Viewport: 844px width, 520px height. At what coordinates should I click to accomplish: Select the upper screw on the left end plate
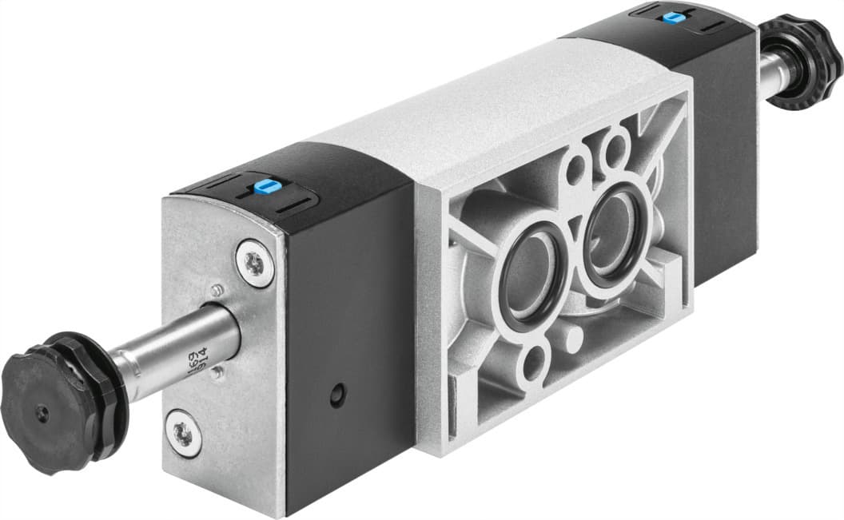click(x=254, y=263)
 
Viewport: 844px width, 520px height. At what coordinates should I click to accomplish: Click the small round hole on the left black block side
click(x=337, y=395)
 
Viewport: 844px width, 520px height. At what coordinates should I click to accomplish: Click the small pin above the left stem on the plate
click(x=216, y=289)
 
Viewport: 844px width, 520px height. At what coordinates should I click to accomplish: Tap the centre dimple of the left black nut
click(x=42, y=413)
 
